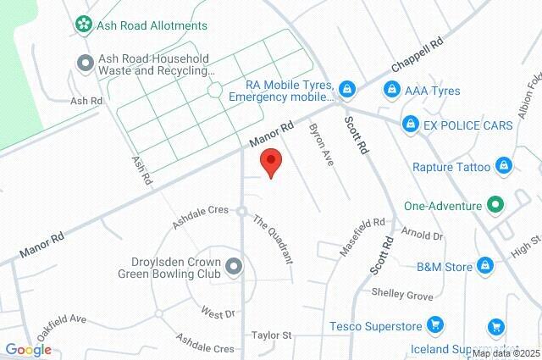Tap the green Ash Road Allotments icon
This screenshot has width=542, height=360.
tap(85, 26)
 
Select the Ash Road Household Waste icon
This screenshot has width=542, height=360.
tap(85, 62)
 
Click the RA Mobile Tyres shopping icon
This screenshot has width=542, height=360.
tap(347, 89)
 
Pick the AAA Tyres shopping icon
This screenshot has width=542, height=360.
tap(391, 90)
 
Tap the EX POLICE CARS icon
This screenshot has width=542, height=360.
tap(410, 125)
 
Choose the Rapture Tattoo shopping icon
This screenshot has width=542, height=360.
tap(503, 166)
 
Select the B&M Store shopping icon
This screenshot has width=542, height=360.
tap(485, 267)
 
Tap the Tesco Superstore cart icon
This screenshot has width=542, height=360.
tap(434, 324)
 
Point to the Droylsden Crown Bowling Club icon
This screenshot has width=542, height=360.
tap(235, 268)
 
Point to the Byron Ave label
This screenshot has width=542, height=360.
tap(323, 143)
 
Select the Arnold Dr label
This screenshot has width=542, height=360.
tap(423, 235)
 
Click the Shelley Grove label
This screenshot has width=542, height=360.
tap(402, 294)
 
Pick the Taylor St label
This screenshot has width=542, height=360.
tap(271, 336)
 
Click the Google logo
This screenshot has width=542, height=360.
tap(28, 349)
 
